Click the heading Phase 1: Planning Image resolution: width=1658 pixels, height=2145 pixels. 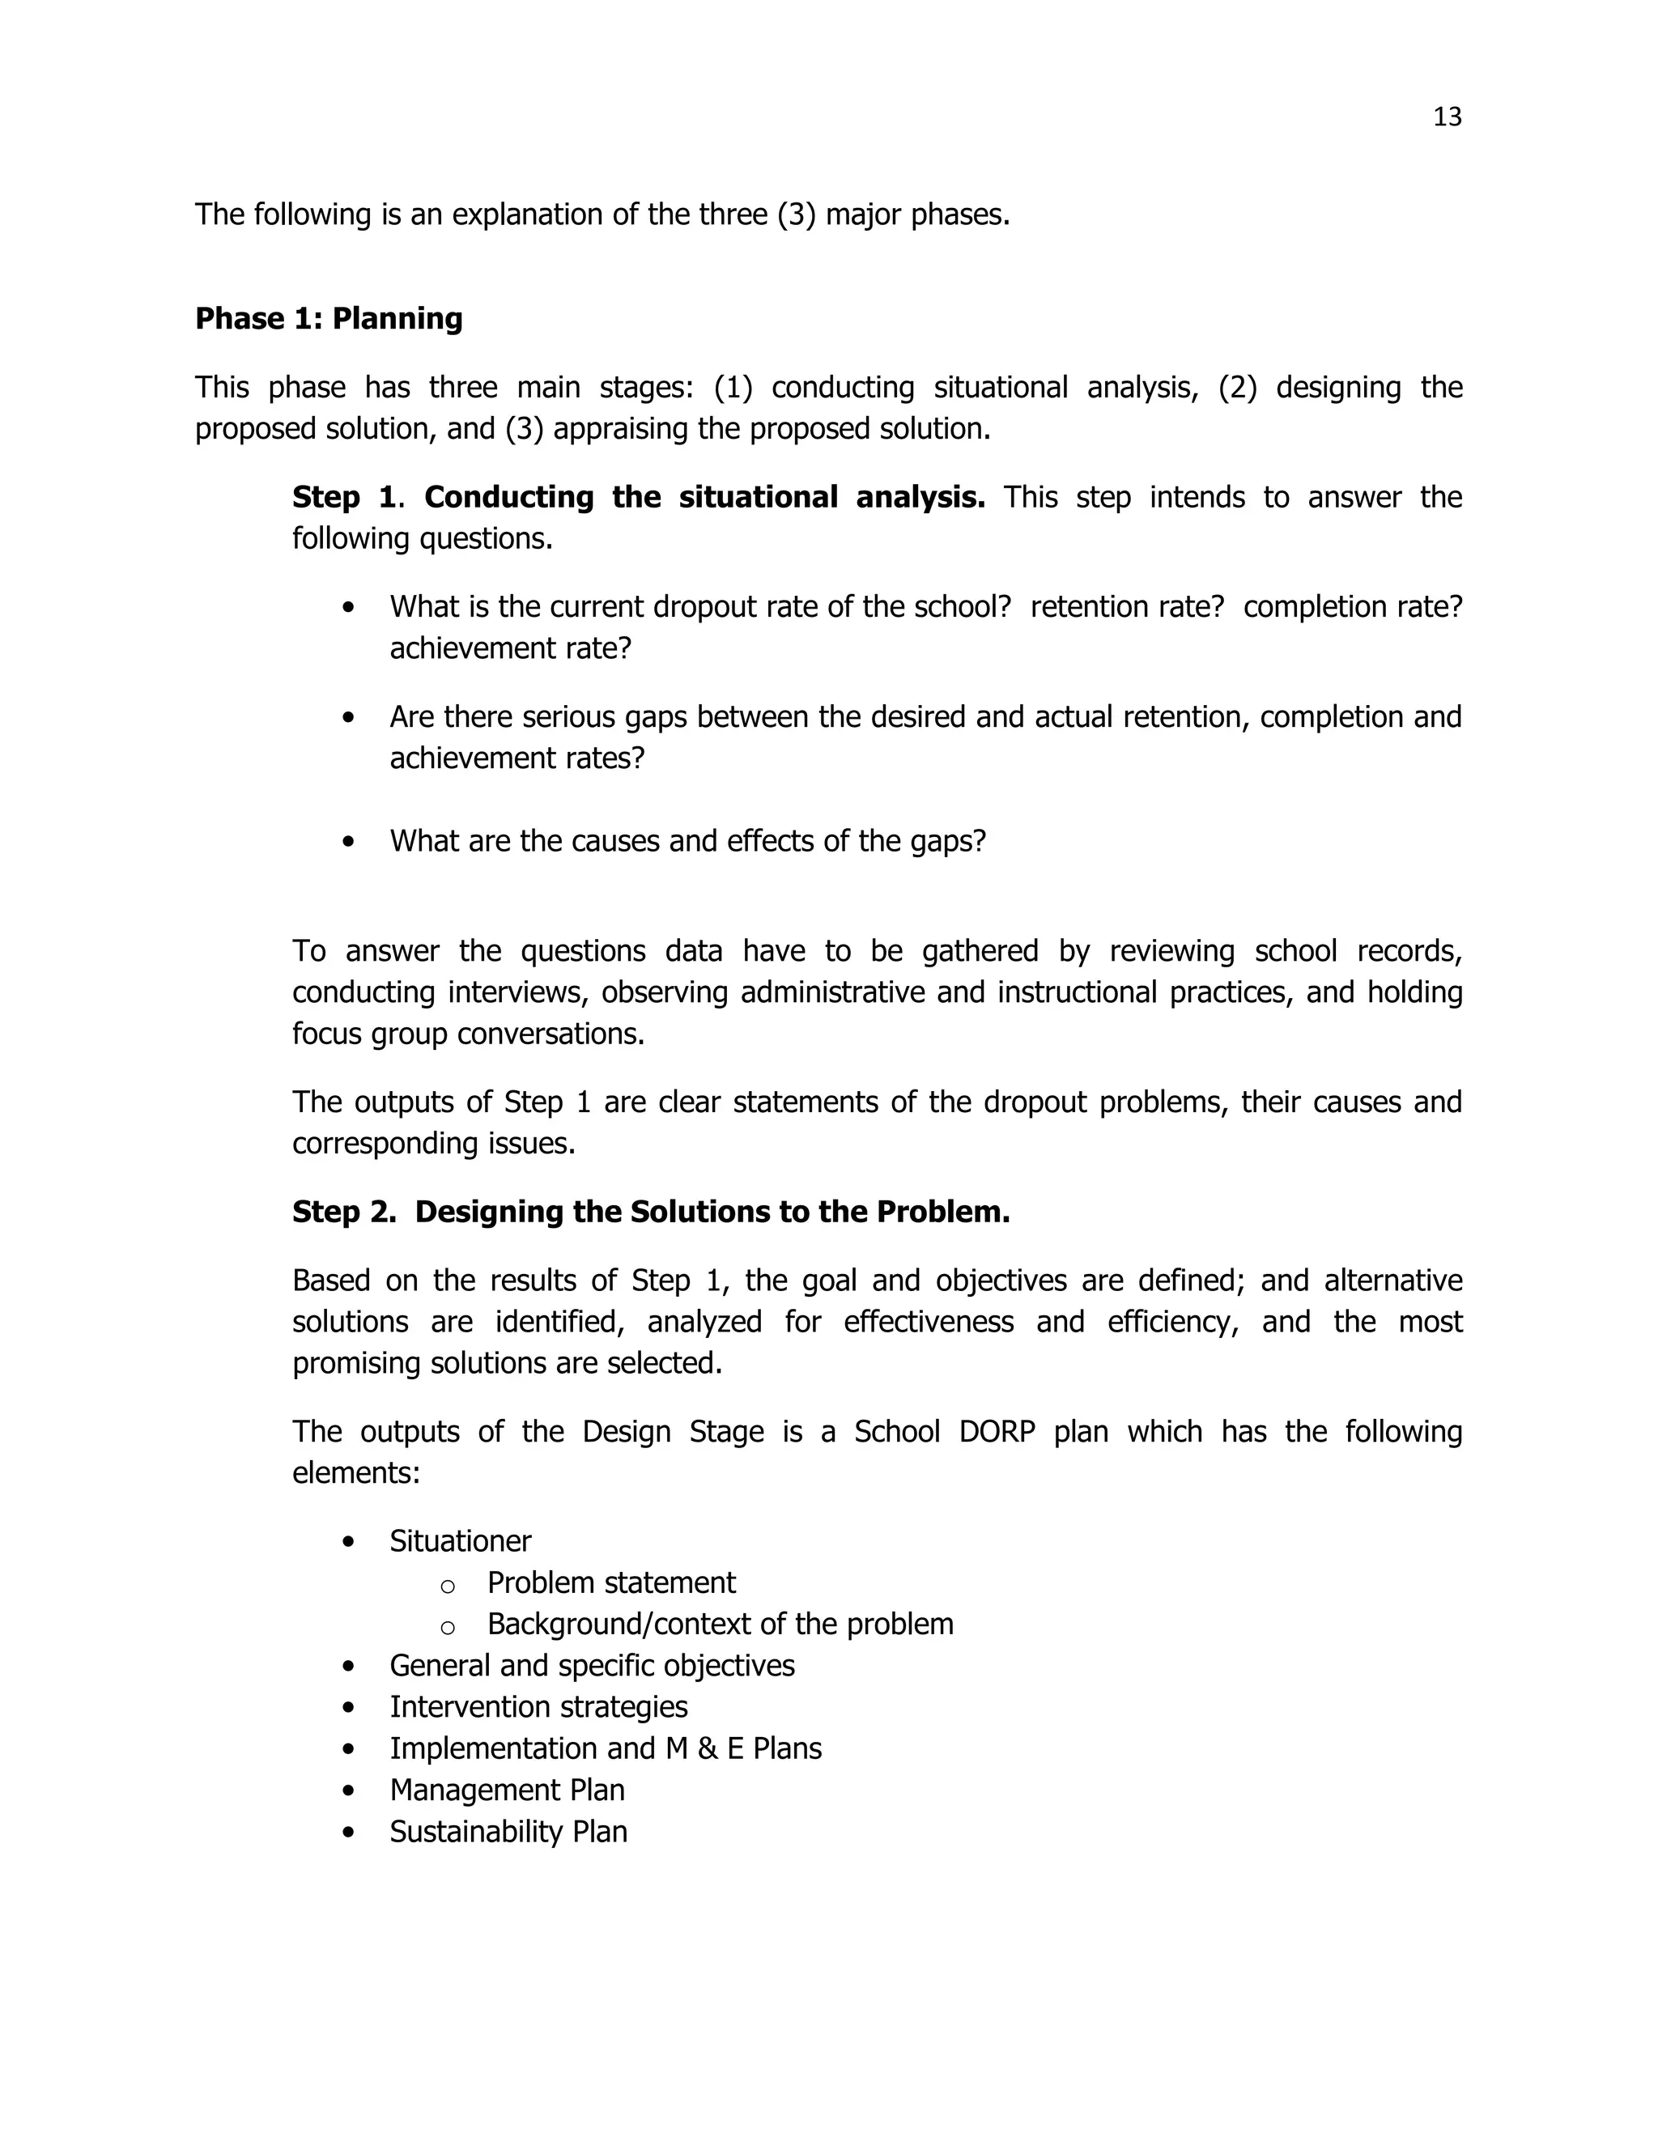click(328, 319)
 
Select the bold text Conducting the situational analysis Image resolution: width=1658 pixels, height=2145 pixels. click(704, 498)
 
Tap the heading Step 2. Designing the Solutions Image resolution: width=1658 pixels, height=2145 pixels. click(650, 1212)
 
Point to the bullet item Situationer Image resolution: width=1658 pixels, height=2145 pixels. click(460, 1541)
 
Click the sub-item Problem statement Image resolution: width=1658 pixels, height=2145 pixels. click(611, 1582)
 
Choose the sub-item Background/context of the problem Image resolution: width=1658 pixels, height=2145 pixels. click(720, 1624)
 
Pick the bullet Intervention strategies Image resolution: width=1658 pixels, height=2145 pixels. click(538, 1707)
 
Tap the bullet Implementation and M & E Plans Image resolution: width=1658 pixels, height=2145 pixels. click(605, 1748)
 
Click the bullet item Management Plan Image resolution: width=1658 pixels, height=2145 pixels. click(507, 1790)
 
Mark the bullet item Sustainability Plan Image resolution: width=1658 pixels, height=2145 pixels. click(508, 1832)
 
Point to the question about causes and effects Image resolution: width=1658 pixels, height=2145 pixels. click(687, 842)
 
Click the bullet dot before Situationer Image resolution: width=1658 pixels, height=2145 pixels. click(349, 1543)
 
